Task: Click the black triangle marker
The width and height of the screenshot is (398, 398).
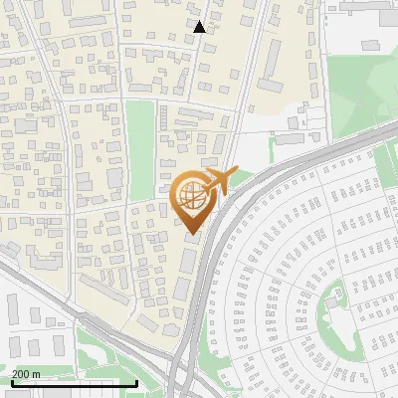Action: pos(199,27)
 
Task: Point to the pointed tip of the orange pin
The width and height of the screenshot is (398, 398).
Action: pos(192,234)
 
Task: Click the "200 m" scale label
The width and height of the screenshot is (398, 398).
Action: pos(26,374)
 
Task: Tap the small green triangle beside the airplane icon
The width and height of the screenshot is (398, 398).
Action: pos(242,177)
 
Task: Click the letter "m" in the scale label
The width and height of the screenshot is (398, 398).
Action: pos(36,374)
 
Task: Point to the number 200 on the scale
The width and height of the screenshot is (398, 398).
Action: pos(21,374)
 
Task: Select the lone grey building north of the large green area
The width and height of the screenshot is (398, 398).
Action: pos(371,45)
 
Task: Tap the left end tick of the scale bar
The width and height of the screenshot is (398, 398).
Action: pos(11,381)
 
